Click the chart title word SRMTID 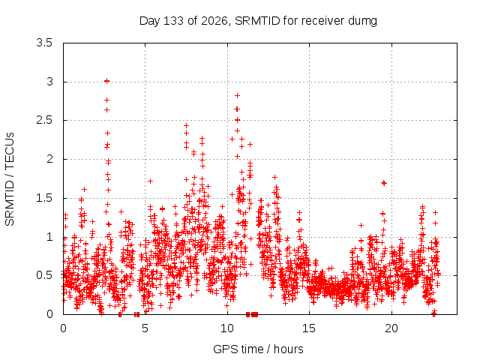point(257,21)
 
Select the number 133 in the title point(173,21)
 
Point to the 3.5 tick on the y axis point(44,43)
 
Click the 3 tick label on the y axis point(49,82)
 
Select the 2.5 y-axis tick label point(44,120)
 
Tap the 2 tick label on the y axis point(49,159)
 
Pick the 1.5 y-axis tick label point(44,198)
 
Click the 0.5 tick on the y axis point(44,275)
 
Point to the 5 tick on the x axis point(145,328)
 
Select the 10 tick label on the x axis point(227,328)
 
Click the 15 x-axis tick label point(309,328)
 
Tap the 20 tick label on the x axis point(391,328)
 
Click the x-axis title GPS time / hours point(258,349)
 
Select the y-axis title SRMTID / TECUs point(10,179)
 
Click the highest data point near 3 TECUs point(106,81)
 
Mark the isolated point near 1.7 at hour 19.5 point(384,183)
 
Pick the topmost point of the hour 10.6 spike point(237,95)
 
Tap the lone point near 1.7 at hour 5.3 point(150,181)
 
